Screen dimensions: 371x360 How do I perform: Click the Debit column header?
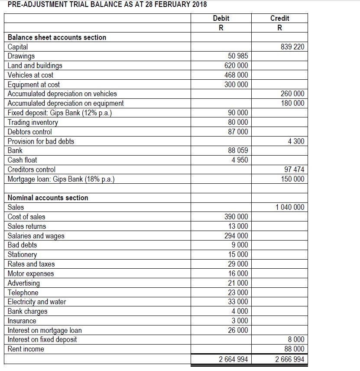(221, 18)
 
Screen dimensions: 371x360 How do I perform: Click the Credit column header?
(279, 18)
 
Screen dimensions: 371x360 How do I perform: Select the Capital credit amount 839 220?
(292, 47)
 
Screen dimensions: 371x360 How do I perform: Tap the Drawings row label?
(21, 56)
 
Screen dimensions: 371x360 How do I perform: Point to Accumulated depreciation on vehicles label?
(62, 94)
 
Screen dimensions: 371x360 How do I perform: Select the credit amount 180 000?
(292, 103)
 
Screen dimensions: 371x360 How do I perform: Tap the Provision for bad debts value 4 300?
(295, 141)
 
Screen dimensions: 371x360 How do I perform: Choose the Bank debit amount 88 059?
(238, 150)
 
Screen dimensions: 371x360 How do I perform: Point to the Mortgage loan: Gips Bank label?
(61, 179)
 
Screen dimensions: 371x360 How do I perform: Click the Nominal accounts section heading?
(48, 198)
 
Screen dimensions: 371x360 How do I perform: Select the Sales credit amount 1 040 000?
(290, 207)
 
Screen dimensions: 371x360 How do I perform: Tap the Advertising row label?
(23, 283)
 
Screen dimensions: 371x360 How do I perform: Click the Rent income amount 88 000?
(295, 349)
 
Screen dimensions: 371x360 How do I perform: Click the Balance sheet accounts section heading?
(57, 37)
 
